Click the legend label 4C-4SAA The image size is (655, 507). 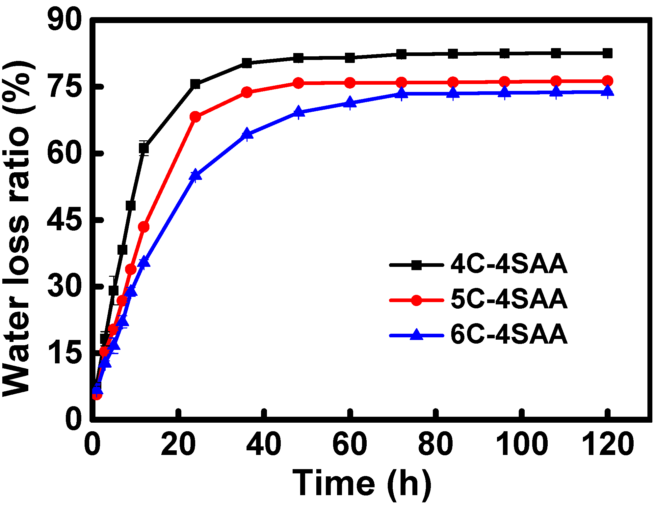[x=509, y=265]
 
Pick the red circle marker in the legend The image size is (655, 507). [x=417, y=300]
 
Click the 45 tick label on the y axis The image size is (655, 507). [x=64, y=220]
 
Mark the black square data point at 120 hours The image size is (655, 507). [x=608, y=53]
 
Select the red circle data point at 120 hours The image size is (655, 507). [x=608, y=81]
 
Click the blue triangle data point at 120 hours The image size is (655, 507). [x=608, y=91]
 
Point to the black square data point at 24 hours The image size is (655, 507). [x=195, y=84]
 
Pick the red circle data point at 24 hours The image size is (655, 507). [x=195, y=117]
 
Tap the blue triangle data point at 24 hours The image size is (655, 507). [x=195, y=175]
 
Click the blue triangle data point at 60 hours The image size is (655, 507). [x=350, y=102]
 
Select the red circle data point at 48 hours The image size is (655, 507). [x=299, y=83]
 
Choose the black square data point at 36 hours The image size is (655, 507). [x=247, y=63]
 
